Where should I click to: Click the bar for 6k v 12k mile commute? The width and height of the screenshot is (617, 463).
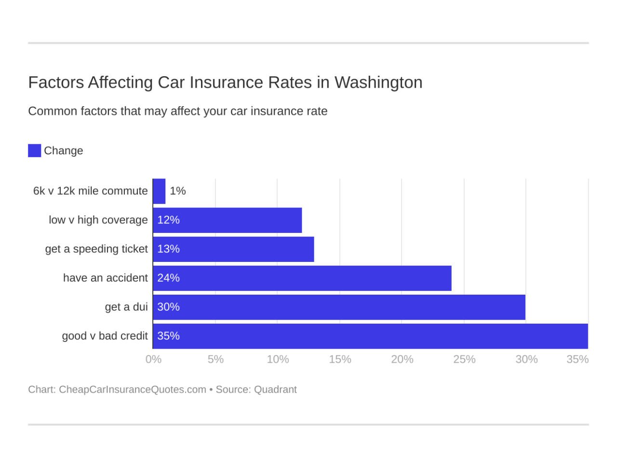coord(159,191)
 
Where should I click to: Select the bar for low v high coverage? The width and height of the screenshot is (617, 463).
coord(227,220)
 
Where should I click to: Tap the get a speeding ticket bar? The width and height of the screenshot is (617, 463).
coord(233,249)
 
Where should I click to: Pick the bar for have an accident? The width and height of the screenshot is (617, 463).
coord(302,278)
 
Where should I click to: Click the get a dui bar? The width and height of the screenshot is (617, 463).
coord(339,307)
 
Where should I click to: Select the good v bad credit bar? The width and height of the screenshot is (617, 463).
coord(370,336)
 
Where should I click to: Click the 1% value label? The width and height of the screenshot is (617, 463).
coord(178,191)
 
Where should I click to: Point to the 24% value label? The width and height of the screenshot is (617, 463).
coord(168,278)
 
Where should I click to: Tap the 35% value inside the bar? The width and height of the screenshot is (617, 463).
coord(168,336)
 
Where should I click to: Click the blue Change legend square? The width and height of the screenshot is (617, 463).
coord(34,150)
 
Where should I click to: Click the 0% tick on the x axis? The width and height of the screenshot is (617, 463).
coord(153,359)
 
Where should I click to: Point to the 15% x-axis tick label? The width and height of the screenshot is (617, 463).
coord(340,359)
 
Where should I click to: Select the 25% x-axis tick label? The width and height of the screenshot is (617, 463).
coord(464,359)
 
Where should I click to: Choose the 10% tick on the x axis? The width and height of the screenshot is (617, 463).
coord(278,359)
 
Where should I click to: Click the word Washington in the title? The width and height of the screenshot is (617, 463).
coord(378,82)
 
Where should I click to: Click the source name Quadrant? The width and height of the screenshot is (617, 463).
coord(275,390)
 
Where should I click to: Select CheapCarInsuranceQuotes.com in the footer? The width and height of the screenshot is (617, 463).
coord(133,390)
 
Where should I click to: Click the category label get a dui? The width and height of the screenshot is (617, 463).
coord(126,307)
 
